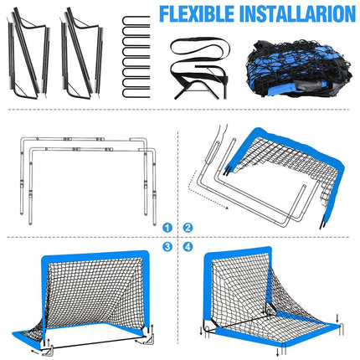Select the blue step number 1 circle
[168, 227]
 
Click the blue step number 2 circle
[188, 227]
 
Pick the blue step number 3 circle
[168, 247]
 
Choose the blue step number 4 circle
[188, 247]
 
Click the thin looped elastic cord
[199, 51]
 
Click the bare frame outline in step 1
[84, 167]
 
